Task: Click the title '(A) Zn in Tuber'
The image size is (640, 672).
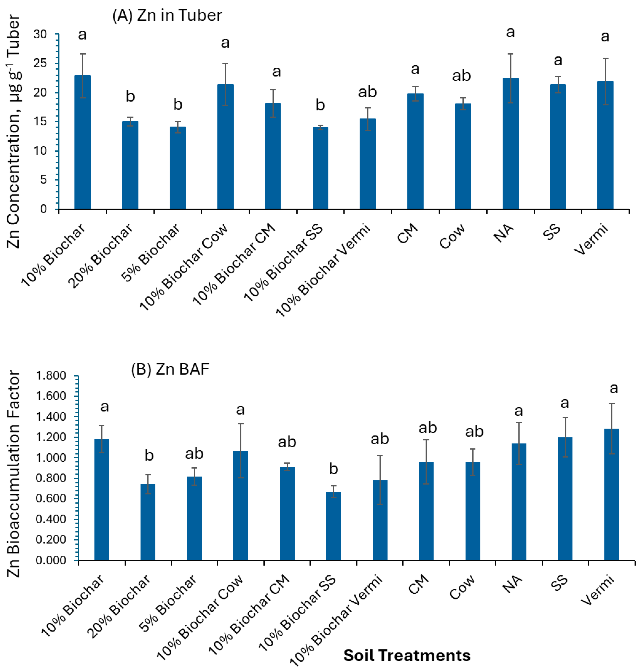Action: [x=167, y=16]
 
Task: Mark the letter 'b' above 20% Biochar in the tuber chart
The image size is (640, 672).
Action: [x=130, y=97]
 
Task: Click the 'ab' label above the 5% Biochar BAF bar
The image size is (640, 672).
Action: [x=194, y=454]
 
